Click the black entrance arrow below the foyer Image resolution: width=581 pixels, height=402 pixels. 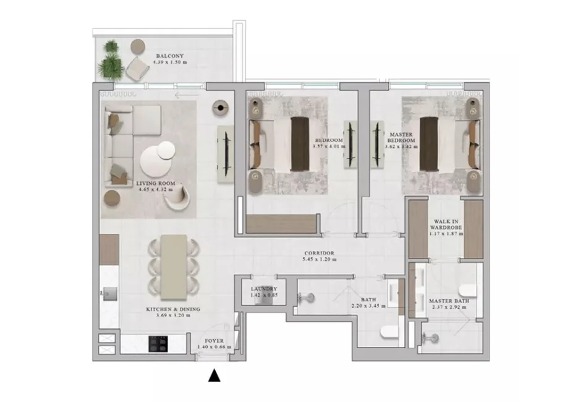pyautogui.click(x=214, y=375)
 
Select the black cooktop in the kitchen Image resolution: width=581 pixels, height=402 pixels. pyautogui.click(x=158, y=343)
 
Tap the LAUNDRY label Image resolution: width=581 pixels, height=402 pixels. pyautogui.click(x=263, y=289)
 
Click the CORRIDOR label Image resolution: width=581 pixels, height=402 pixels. pyautogui.click(x=319, y=254)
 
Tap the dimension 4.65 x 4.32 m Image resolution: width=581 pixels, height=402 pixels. pyautogui.click(x=155, y=190)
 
